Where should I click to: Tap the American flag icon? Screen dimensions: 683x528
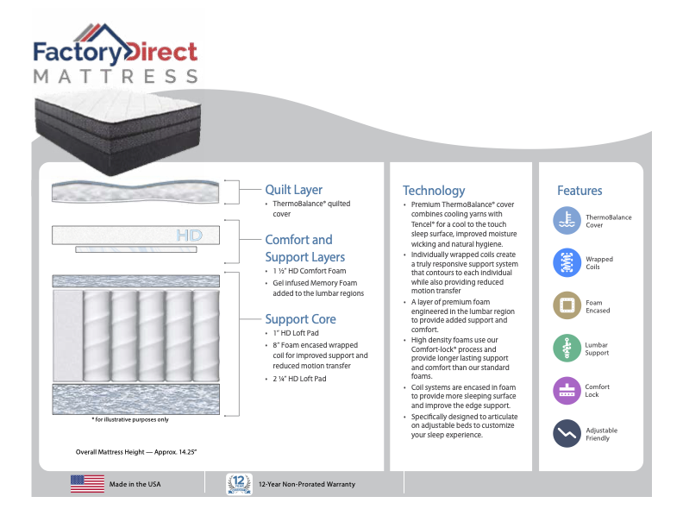click(x=87, y=484)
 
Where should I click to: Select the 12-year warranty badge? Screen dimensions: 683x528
click(x=238, y=484)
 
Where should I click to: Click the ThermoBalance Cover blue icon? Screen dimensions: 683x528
click(x=567, y=221)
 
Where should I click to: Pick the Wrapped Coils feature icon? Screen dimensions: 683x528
click(x=567, y=263)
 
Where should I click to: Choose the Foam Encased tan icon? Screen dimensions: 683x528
click(x=567, y=305)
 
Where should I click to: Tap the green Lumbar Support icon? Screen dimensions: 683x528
click(x=567, y=348)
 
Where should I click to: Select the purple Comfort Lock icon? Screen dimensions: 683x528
click(x=567, y=390)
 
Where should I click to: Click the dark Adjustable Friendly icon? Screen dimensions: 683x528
click(x=567, y=433)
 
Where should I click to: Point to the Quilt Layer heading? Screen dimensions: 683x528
click(x=293, y=190)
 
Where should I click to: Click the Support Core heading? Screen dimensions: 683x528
click(x=300, y=319)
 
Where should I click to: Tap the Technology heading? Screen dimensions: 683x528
click(x=433, y=191)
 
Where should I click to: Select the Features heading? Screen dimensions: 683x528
click(x=580, y=191)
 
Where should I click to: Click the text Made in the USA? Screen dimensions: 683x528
click(x=135, y=485)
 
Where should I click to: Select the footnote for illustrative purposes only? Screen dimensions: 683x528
click(x=130, y=420)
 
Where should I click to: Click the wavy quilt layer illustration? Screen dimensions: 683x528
click(x=135, y=191)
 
